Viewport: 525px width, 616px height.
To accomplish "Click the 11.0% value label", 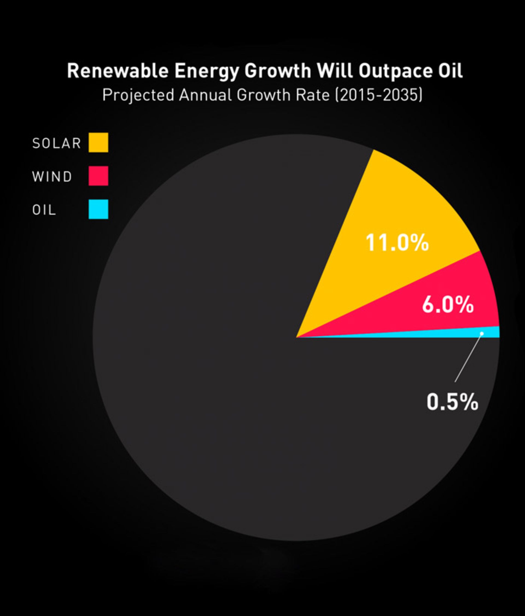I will point(397,243).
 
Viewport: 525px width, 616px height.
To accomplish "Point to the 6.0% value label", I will point(448,304).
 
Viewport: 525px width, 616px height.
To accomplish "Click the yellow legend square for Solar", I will point(98,143).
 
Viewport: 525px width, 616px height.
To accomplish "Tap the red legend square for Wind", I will point(98,176).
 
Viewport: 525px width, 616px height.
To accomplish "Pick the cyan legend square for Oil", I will point(98,209).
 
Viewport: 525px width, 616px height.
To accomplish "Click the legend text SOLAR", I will point(56,143).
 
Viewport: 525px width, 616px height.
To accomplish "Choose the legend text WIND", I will point(52,177).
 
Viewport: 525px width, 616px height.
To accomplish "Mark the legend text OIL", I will point(44,210).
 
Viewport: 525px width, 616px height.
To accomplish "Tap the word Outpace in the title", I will point(395,71).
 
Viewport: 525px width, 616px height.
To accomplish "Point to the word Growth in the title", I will point(278,71).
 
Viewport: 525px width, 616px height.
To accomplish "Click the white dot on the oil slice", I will point(482,333).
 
